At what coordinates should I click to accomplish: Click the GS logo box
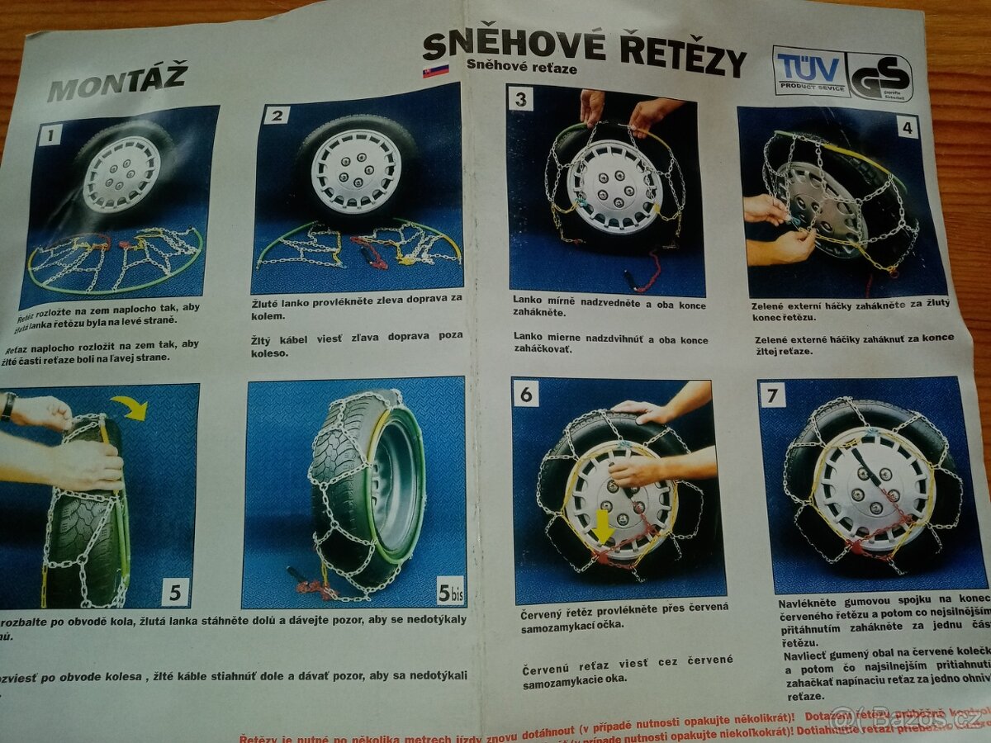pos(880,77)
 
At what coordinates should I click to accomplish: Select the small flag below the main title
pos(435,71)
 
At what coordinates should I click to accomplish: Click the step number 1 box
pos(50,134)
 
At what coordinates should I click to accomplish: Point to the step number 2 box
pos(276,114)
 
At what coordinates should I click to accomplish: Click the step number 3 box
pos(521,100)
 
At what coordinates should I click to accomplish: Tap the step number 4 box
pos(906,128)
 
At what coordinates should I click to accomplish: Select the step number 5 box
pos(174,591)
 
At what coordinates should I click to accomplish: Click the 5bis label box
pos(449,591)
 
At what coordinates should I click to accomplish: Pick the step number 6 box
pos(525,394)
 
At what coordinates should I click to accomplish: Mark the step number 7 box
pos(772,395)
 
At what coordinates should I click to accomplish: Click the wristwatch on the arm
pos(7,406)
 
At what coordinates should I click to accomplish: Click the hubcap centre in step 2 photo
pos(357,172)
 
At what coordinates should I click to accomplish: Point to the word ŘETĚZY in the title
pos(681,55)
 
